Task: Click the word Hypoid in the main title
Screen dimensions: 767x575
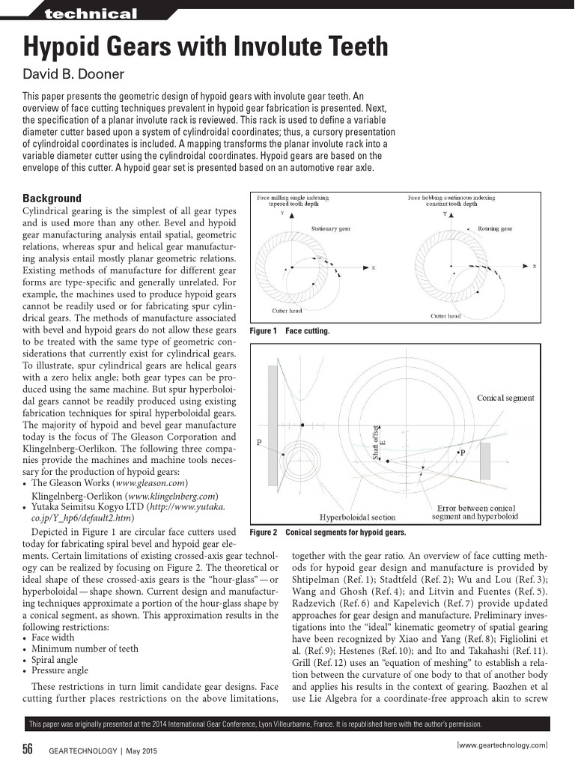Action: click(x=64, y=47)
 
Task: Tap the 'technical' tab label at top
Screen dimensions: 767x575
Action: click(x=91, y=14)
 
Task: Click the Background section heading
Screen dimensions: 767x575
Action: click(x=52, y=198)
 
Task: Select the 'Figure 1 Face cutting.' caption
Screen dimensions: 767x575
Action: click(x=289, y=330)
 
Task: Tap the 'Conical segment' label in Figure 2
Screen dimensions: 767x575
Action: click(x=505, y=398)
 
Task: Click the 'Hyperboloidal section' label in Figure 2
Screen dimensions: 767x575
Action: click(x=357, y=517)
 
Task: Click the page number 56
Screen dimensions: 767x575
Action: click(x=28, y=750)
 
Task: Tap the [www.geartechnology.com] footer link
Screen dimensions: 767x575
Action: click(x=502, y=745)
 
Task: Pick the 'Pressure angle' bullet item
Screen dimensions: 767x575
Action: click(x=59, y=670)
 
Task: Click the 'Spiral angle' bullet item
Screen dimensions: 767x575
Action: click(x=54, y=660)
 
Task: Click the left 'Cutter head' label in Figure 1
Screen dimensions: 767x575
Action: click(x=287, y=310)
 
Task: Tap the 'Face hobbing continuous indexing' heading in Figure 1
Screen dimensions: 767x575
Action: click(x=451, y=198)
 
